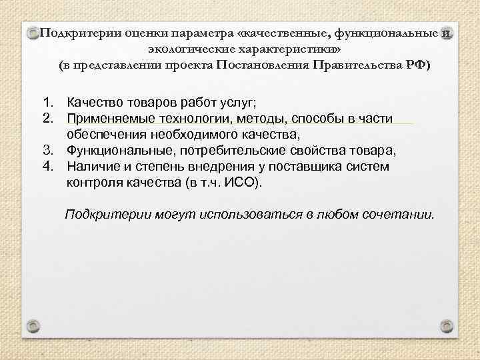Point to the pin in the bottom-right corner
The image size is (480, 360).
448,326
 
